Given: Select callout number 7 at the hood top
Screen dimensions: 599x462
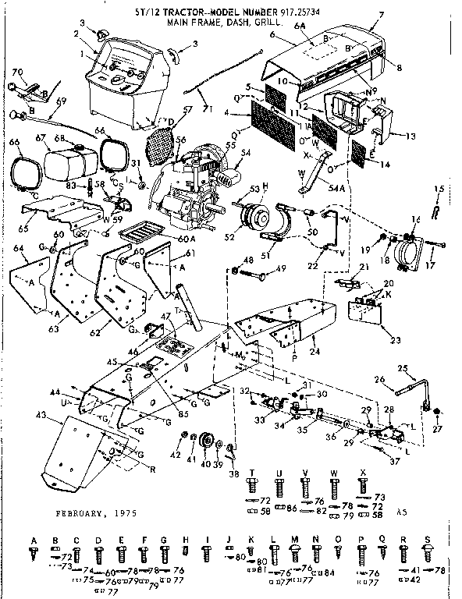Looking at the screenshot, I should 381,16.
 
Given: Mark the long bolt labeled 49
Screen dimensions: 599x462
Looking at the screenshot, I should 258,275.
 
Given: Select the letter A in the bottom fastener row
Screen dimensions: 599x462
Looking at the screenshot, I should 34,541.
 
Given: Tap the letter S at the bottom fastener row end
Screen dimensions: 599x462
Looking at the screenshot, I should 428,541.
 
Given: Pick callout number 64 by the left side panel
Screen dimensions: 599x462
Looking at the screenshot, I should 19,248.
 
